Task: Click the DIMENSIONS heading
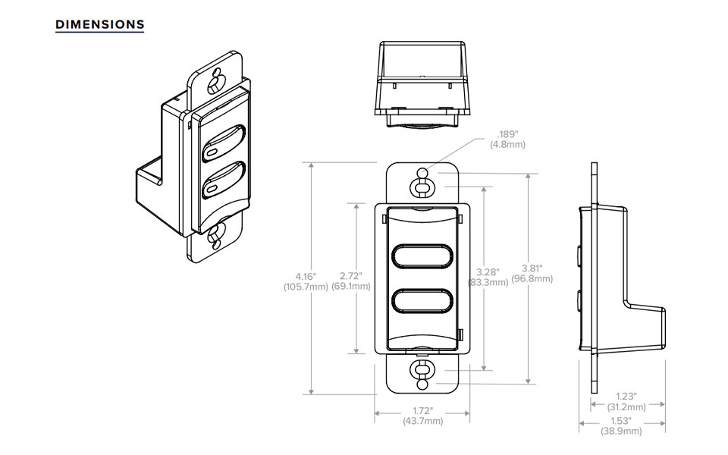tap(100, 24)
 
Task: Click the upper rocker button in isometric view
tap(225, 145)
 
